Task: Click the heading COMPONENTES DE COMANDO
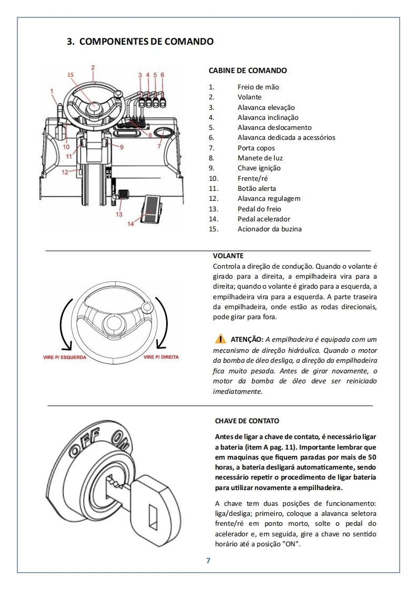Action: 140,41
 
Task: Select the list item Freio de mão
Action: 258,87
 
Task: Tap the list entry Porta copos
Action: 256,148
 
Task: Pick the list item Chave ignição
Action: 259,168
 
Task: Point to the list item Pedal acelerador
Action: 263,219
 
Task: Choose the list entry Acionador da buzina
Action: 269,229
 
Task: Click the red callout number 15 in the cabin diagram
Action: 70,75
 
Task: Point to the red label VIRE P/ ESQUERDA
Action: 64,357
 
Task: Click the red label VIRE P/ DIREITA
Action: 161,357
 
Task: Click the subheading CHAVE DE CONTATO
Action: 247,421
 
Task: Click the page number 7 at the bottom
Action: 208,561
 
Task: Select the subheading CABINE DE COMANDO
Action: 248,70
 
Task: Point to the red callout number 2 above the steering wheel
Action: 93,67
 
